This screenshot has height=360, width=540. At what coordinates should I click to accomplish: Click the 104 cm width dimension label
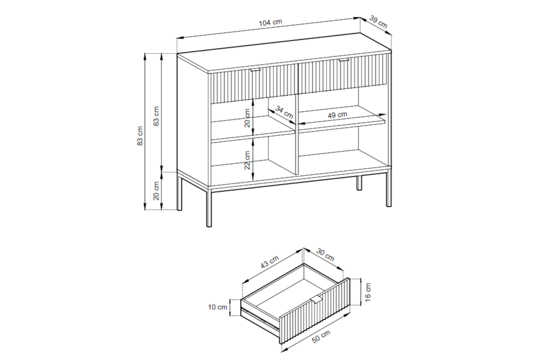click(270, 23)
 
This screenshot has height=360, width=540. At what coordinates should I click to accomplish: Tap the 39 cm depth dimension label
click(378, 22)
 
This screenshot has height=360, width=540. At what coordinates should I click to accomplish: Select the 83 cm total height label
click(140, 136)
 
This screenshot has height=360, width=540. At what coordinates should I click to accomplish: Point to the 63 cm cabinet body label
click(156, 116)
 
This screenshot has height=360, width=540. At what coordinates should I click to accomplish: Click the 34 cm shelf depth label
click(284, 112)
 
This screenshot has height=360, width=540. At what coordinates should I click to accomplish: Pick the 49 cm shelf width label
click(337, 115)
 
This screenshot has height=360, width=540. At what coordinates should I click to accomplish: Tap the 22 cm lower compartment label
click(247, 160)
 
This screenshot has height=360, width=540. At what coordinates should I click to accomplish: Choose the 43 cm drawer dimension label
click(270, 262)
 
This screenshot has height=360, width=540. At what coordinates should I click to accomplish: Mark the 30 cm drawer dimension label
click(325, 255)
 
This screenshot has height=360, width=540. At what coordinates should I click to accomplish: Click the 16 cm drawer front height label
click(368, 292)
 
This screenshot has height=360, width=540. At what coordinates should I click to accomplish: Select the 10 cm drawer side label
click(218, 307)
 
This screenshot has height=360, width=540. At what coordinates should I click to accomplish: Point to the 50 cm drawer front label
click(321, 337)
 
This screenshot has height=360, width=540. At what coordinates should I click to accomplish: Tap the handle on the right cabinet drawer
click(344, 59)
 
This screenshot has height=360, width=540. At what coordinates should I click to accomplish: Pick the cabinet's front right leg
click(388, 189)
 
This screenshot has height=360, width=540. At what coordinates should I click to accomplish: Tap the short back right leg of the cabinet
click(359, 183)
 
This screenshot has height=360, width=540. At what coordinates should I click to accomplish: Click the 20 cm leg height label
click(156, 191)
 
